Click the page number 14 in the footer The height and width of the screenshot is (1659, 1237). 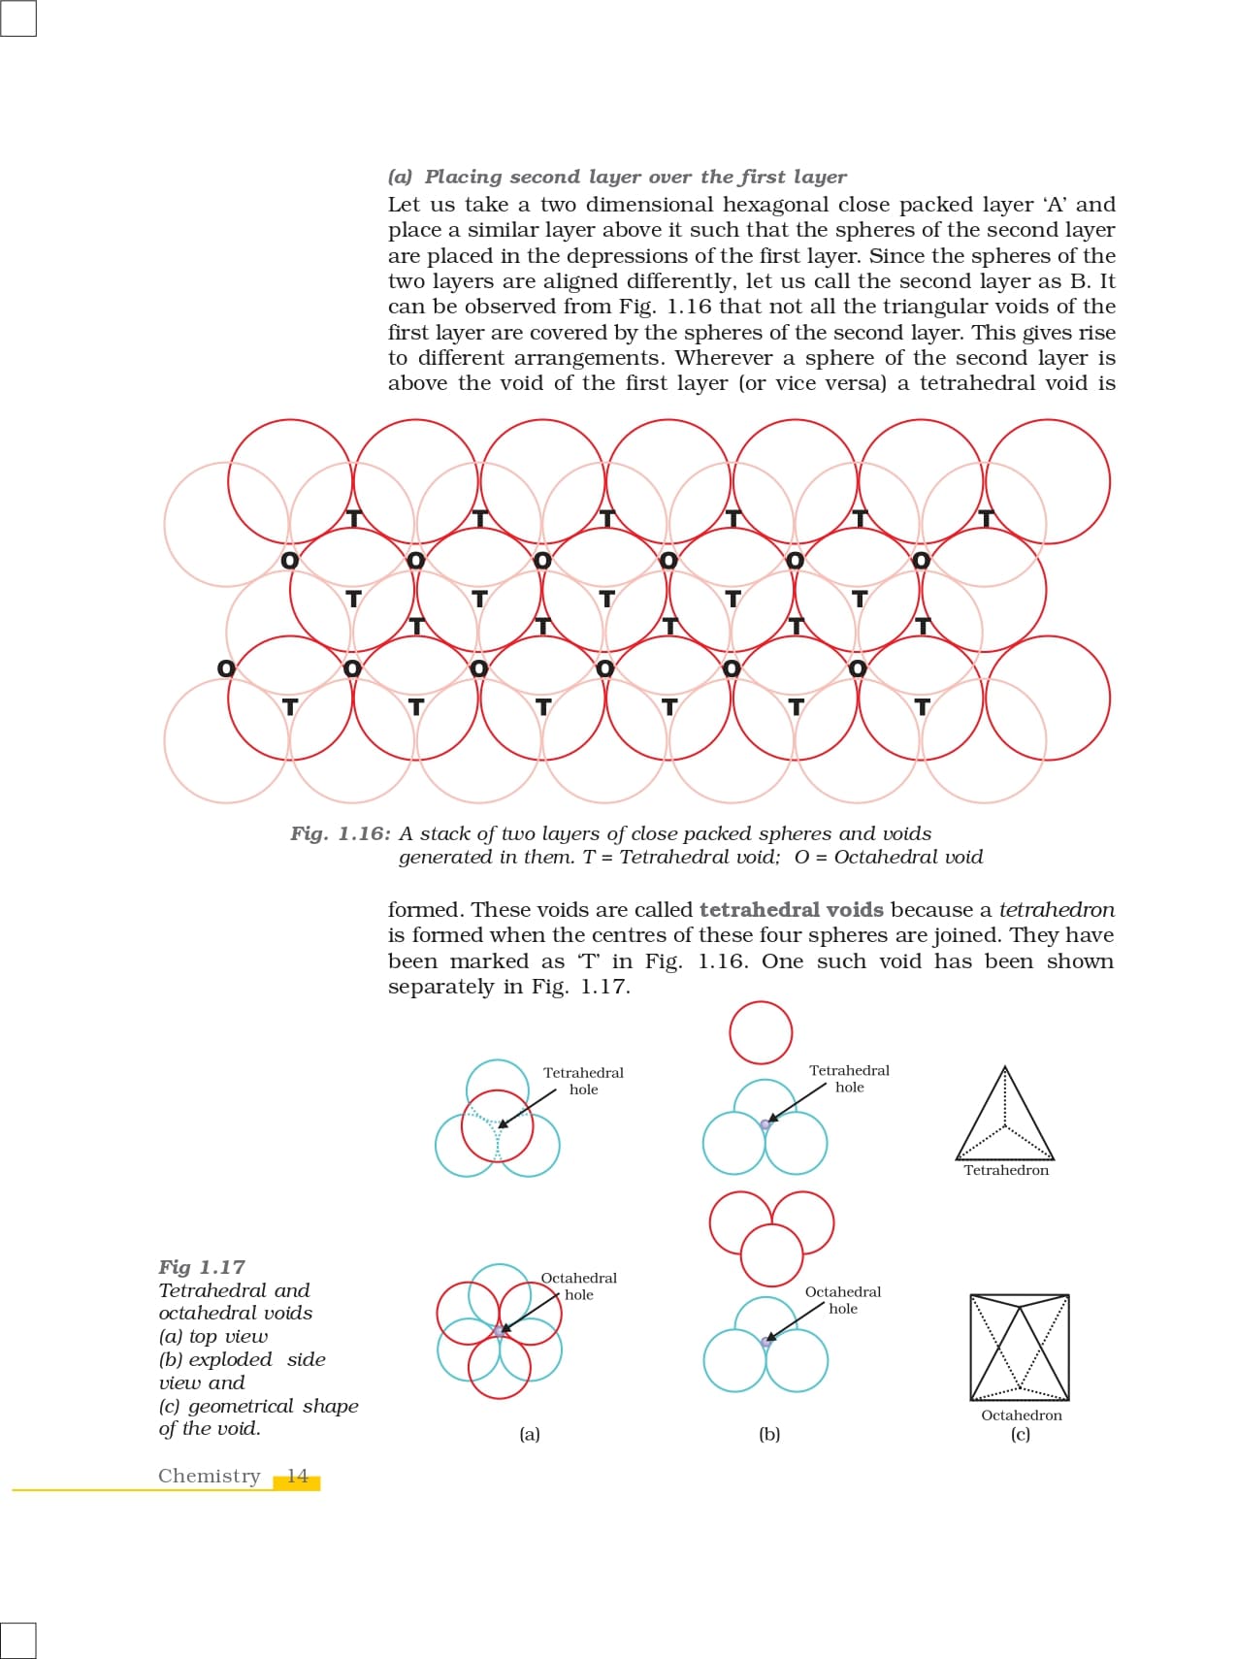(297, 1477)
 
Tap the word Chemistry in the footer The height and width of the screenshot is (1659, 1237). (210, 1477)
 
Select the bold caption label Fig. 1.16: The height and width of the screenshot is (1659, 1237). (341, 833)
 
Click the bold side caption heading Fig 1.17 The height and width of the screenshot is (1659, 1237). (202, 1267)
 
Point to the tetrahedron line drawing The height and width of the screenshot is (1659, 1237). (1005, 1116)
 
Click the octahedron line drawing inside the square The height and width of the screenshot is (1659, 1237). (1020, 1348)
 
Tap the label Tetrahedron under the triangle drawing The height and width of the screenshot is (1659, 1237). (1006, 1170)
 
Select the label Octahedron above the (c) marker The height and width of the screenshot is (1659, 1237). (1022, 1415)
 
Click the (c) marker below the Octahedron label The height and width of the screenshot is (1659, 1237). (1021, 1434)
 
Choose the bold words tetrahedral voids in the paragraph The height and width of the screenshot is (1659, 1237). (791, 910)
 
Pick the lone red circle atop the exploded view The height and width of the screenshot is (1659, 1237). (761, 1032)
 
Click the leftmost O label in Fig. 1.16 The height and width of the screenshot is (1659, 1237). (226, 668)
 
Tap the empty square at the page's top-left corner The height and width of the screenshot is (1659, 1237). (18, 17)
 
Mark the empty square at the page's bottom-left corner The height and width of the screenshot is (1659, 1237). (18, 1640)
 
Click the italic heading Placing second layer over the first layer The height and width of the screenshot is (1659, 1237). (635, 177)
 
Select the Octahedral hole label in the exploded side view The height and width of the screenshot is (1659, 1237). (843, 1300)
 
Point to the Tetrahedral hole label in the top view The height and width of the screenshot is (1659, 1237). (583, 1081)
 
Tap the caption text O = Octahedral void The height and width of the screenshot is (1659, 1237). (889, 857)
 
